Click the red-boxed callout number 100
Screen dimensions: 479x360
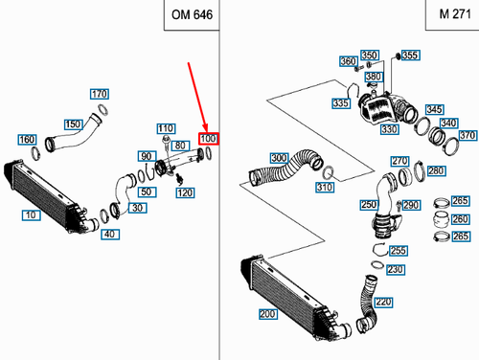coord(209,139)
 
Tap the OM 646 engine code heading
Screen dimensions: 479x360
coord(192,14)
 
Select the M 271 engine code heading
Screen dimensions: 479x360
coord(455,14)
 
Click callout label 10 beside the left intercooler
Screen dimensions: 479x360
coord(32,215)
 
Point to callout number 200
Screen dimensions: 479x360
coord(268,314)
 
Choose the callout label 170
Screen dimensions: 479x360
coord(100,94)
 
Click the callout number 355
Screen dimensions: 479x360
coord(411,56)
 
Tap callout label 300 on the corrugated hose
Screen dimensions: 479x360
coord(280,158)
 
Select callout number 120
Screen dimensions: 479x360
coord(185,192)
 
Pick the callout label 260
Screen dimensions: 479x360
coord(460,219)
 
